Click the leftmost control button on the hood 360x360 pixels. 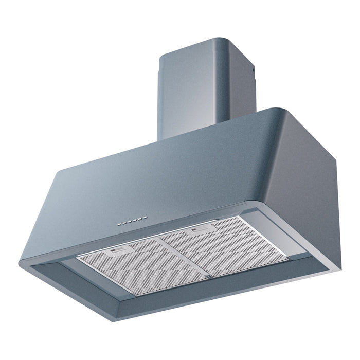pyautogui.click(x=119, y=225)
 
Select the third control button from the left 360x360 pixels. pyautogui.click(x=130, y=222)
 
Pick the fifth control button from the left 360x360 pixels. pyautogui.click(x=140, y=220)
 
